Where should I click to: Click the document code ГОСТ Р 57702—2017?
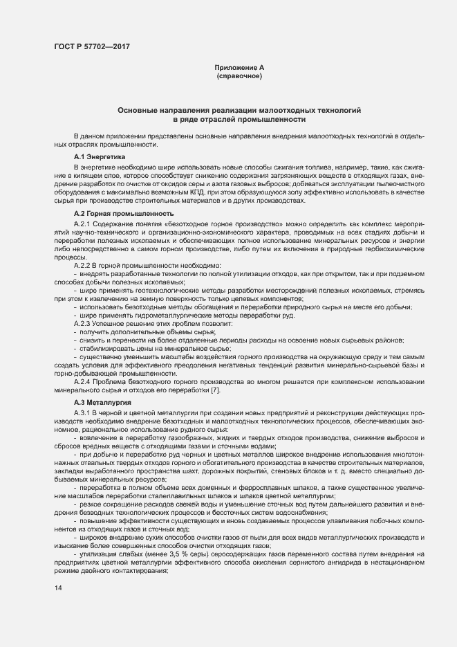pyautogui.click(x=92, y=46)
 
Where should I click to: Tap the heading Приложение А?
pyautogui.click(x=239, y=67)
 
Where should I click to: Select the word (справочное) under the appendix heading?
pyautogui.click(x=239, y=75)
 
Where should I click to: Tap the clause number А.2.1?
pyautogui.click(x=82, y=226)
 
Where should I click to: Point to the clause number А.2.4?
pyautogui.click(x=82, y=382)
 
